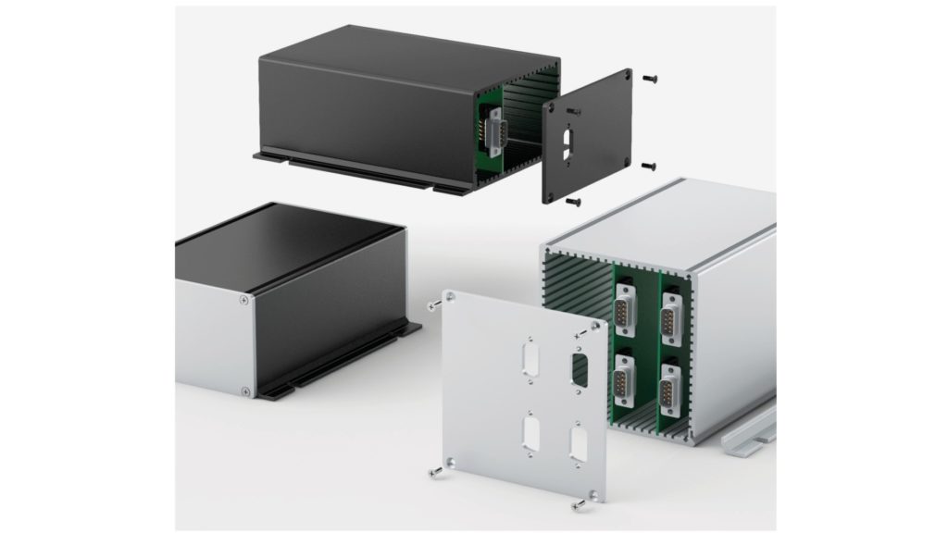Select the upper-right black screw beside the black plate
coord(652,78)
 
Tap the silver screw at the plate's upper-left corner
coord(432,304)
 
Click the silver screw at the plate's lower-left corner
coord(435,473)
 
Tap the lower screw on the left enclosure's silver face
coord(244,390)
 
